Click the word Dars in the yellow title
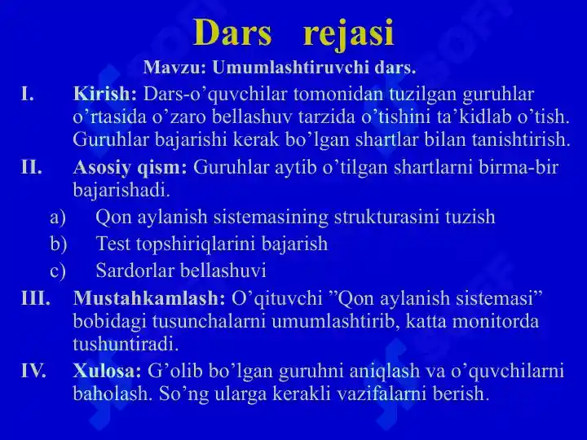pos(232,33)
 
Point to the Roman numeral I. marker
pos(28,94)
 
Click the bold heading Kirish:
pos(105,94)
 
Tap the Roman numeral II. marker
pos(31,167)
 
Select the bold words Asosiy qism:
pos(130,168)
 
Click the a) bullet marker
pos(58,218)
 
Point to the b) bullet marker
pos(59,244)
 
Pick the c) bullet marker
pos(58,271)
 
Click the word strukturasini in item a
pos(386,217)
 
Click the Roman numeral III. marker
pos(36,298)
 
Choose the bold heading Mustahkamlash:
pos(149,298)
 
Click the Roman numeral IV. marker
pos(33,372)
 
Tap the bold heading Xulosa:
pos(108,371)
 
